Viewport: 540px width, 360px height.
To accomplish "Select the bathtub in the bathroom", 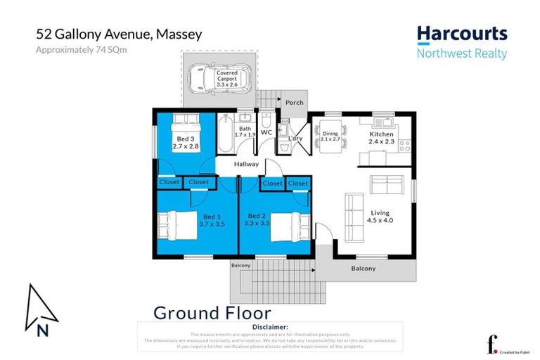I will [x=227, y=133].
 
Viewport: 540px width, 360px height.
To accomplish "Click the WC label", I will [x=266, y=131].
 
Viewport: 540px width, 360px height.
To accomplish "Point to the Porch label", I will [x=295, y=103].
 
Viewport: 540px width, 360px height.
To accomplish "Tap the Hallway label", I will [x=247, y=164].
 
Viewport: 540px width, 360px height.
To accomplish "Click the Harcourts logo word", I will [x=461, y=34].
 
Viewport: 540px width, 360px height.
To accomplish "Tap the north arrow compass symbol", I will [x=37, y=310].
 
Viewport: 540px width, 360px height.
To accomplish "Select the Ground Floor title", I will [x=212, y=313].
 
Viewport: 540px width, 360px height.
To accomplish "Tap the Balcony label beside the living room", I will [x=363, y=269].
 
